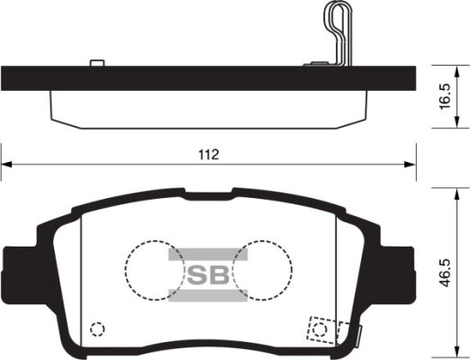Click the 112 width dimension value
coord(208,154)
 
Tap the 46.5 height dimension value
coord(442,272)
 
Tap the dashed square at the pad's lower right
coord(321,328)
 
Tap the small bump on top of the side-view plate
coord(96,63)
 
